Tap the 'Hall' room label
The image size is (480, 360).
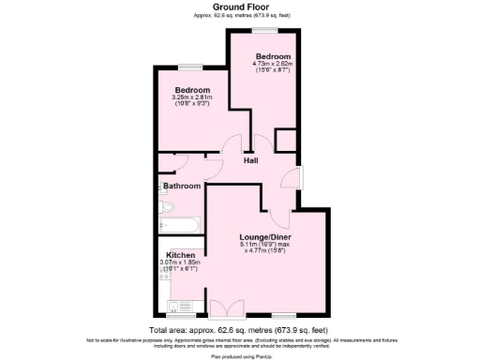[x=251, y=161]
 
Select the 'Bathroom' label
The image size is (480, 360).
[x=182, y=186]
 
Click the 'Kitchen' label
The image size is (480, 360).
[x=180, y=254]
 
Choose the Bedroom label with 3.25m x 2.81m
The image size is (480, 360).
[x=191, y=89]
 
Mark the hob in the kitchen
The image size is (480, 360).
[x=160, y=280]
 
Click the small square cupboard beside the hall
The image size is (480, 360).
[x=285, y=142]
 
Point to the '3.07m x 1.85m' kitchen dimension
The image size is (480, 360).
[x=181, y=262]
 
